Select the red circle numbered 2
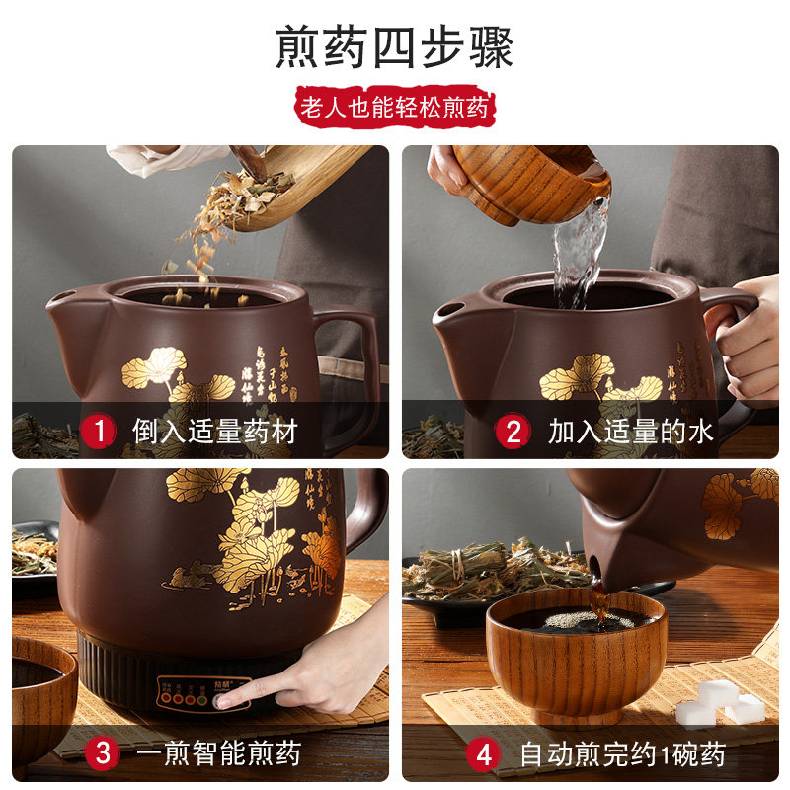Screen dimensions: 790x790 (513, 431)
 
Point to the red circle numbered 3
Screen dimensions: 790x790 (101, 753)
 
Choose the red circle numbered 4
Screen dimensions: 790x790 (483, 755)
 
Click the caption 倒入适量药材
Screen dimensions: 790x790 (214, 431)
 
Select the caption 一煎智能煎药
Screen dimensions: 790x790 (218, 754)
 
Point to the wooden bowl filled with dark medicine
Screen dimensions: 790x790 (576, 652)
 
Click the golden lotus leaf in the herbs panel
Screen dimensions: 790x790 (153, 367)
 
